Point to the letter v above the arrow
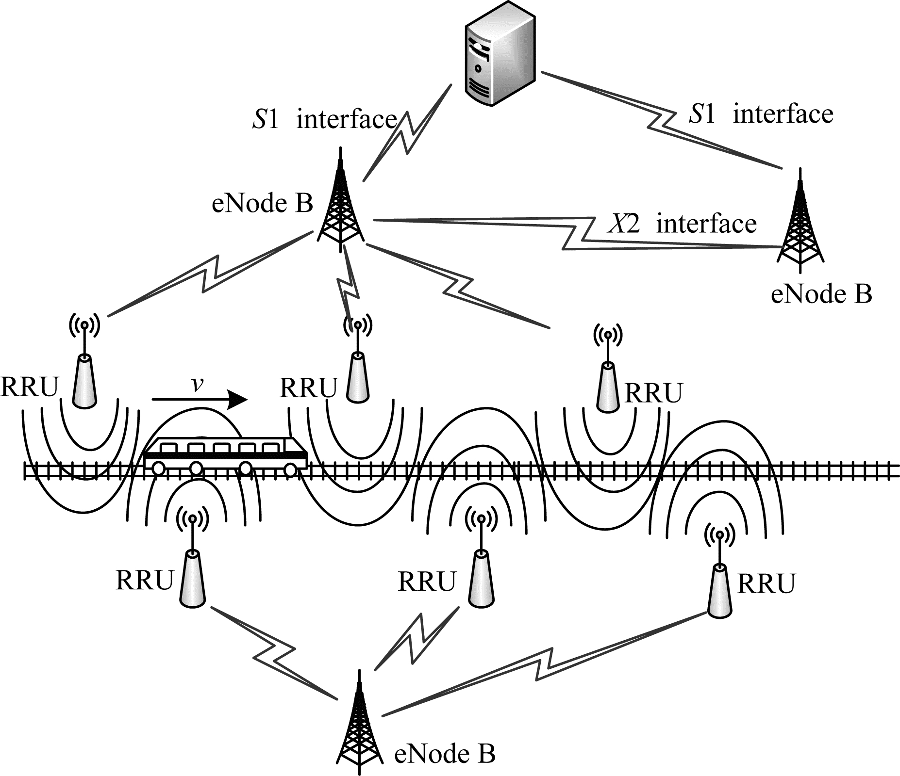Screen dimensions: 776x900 (197, 384)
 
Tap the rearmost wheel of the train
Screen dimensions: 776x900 (158, 469)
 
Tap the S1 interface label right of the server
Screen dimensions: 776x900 (761, 114)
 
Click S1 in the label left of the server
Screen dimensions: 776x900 (266, 119)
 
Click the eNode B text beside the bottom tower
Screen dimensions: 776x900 (445, 755)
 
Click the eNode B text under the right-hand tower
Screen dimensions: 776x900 (821, 294)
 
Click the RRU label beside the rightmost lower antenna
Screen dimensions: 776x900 (767, 583)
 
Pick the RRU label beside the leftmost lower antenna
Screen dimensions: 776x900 (145, 580)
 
